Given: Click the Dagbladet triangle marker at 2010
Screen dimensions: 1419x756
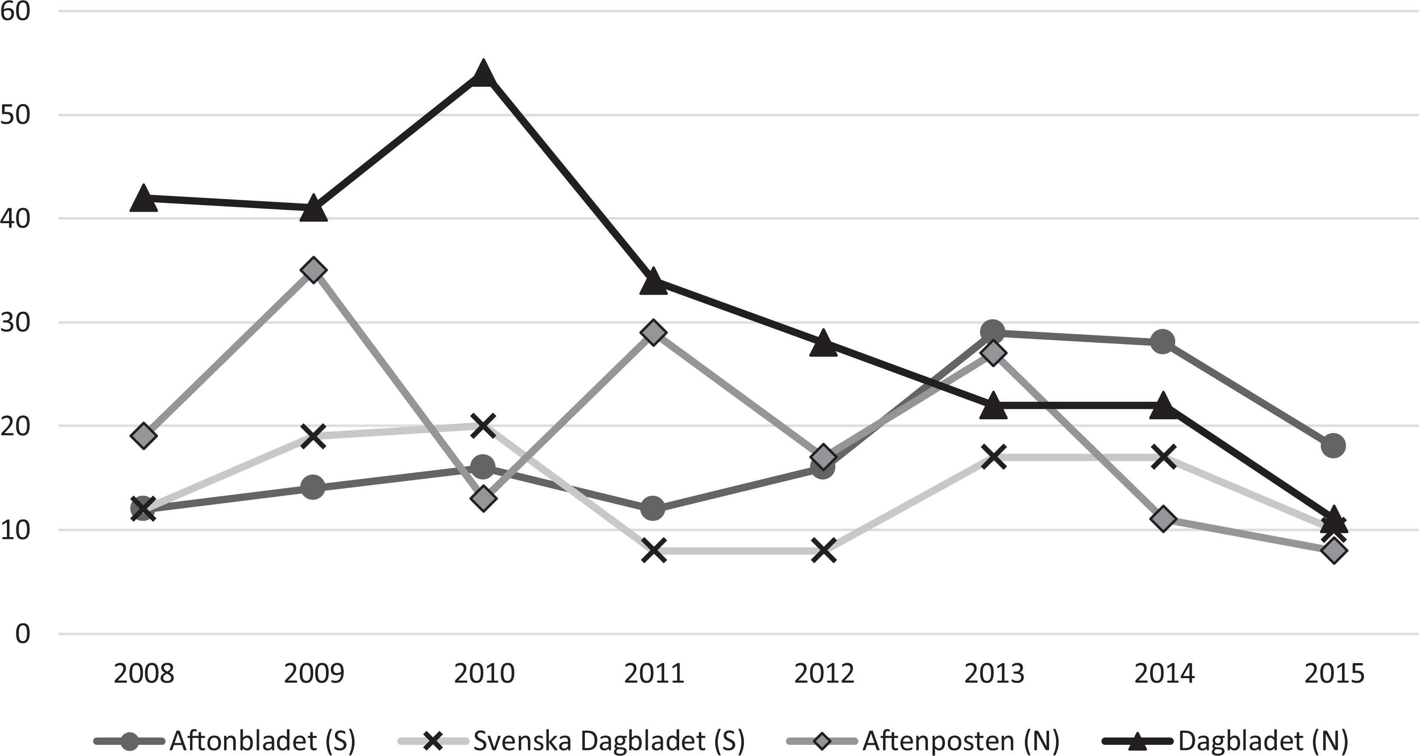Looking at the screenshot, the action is pos(483,74).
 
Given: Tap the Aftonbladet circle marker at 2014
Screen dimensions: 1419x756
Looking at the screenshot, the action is pos(1163,342).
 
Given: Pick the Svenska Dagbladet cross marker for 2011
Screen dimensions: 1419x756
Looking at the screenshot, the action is pos(654,550).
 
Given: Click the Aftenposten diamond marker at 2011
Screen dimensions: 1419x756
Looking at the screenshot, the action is pos(653,332).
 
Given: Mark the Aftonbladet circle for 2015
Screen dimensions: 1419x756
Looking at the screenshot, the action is pos(1333,446).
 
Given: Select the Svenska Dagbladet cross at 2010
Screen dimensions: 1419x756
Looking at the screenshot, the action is pos(483,426).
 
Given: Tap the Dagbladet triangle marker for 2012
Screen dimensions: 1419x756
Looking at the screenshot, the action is pos(824,343).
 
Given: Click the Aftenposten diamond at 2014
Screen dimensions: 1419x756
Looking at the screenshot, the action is pos(1163,519).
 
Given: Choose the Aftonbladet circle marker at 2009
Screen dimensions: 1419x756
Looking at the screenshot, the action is pos(314,487).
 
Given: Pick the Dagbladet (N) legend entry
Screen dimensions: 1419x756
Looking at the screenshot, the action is pos(1225,741).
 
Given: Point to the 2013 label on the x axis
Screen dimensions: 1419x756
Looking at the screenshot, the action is pos(994,673).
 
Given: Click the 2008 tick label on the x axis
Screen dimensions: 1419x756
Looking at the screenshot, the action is pos(144,673).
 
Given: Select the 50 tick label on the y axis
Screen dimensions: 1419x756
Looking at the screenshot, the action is pos(15,116).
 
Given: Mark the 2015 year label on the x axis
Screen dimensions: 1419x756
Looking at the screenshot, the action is pos(1334,673).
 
